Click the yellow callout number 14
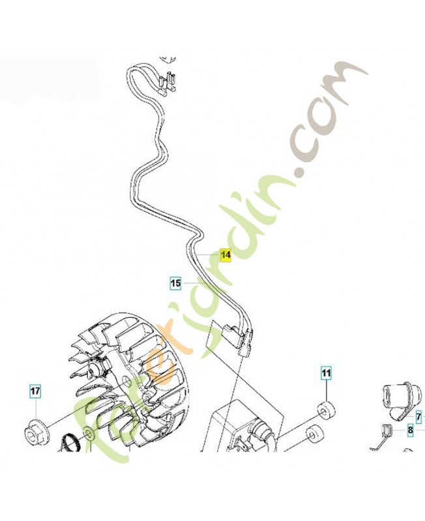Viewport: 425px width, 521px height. (226, 255)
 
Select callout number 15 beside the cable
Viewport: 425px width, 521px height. (175, 283)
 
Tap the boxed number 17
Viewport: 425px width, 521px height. (36, 391)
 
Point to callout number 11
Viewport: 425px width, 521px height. (326, 373)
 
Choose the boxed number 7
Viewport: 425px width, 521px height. (419, 416)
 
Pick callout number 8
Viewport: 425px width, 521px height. (411, 430)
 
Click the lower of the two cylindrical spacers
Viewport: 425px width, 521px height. (314, 434)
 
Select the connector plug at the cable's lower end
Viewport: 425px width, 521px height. (239, 338)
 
